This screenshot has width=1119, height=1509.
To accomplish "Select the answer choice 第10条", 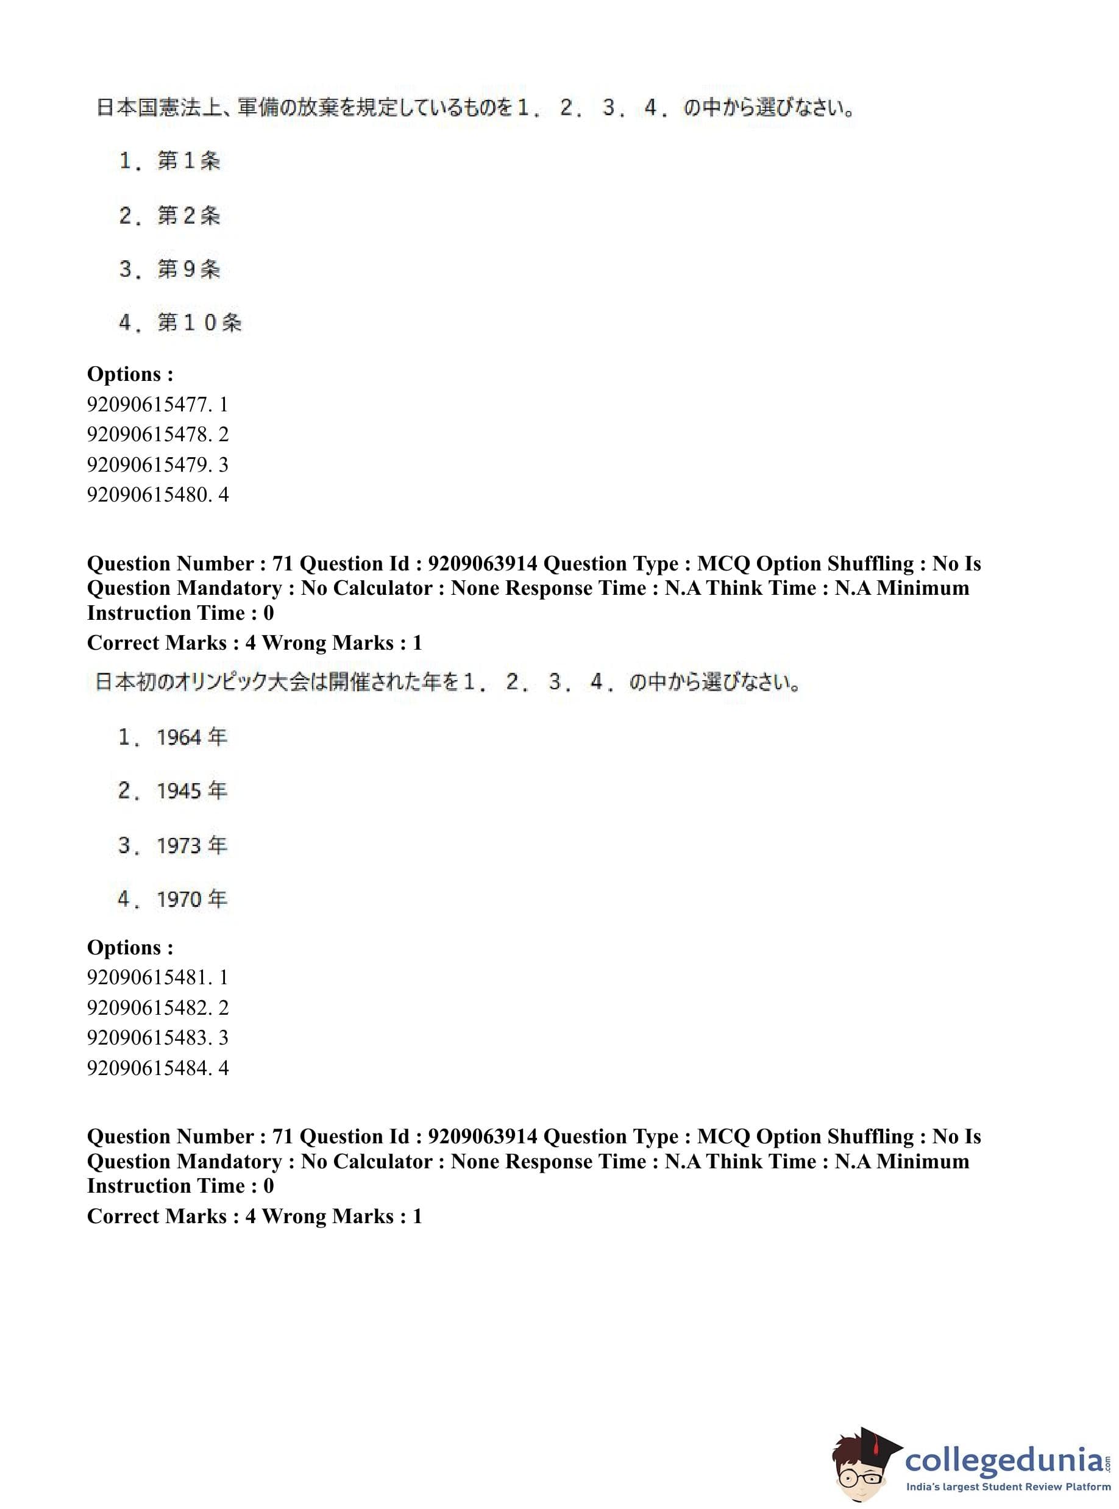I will [180, 322].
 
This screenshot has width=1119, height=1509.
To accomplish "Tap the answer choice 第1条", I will [169, 161].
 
